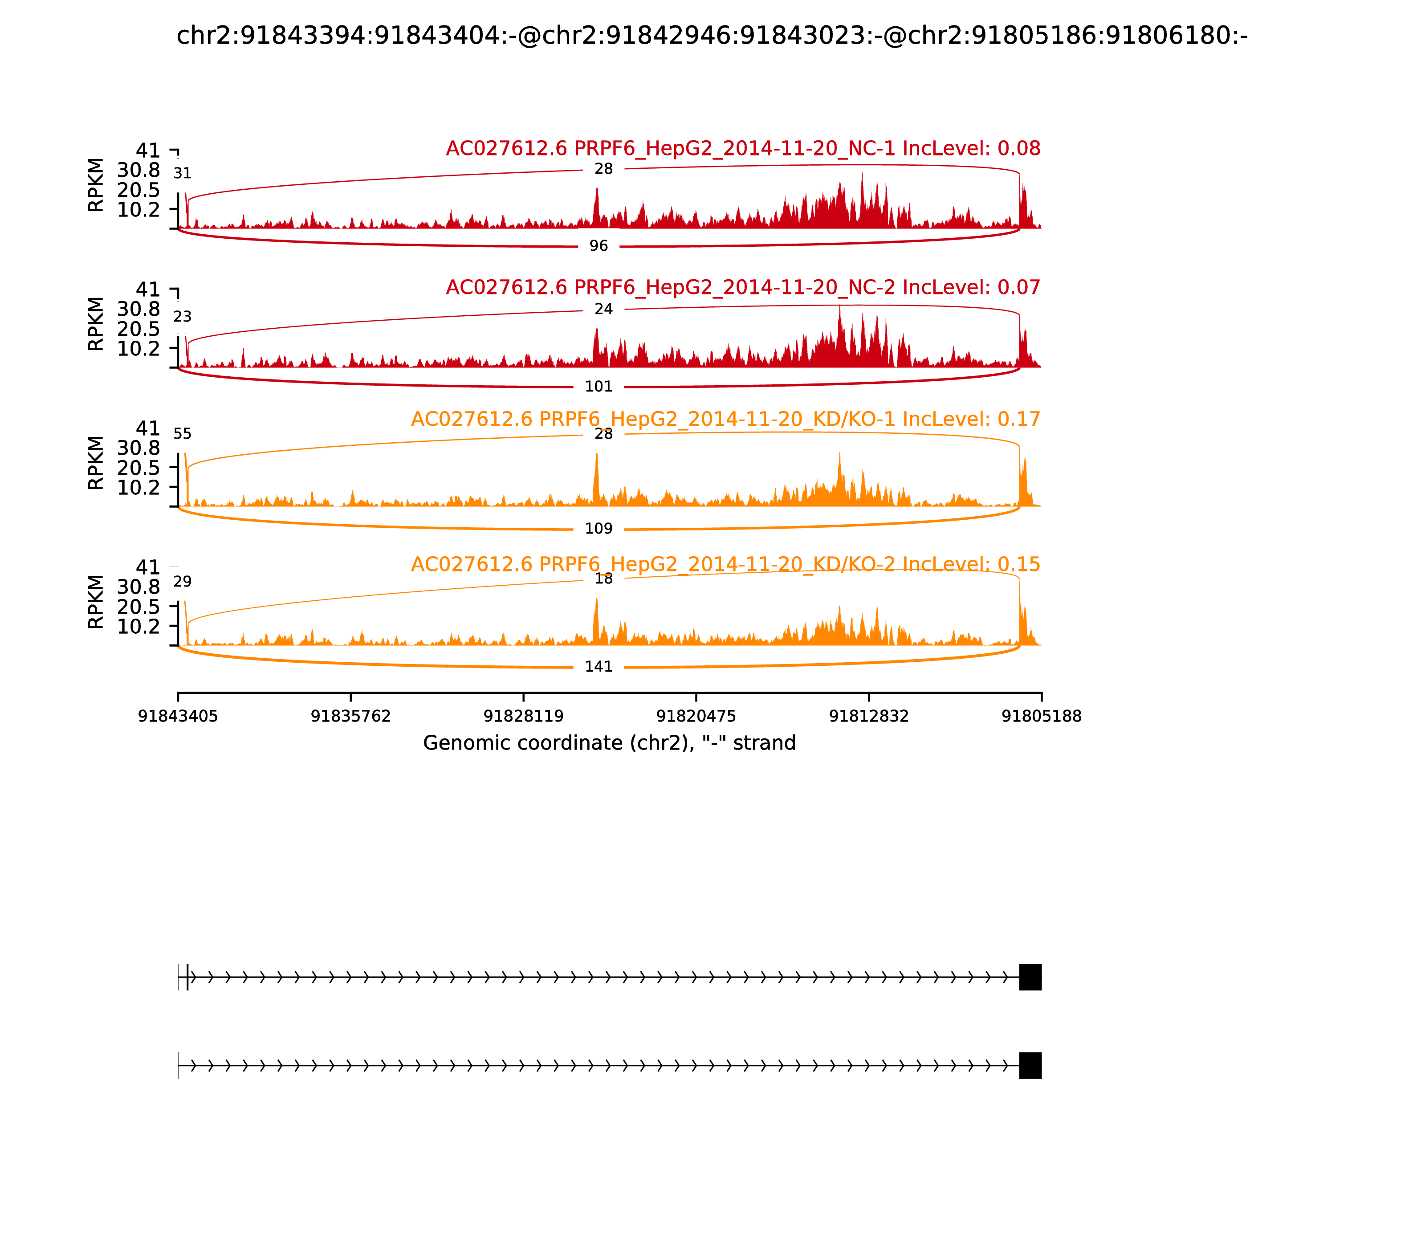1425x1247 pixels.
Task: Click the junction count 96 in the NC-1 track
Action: pyautogui.click(x=598, y=246)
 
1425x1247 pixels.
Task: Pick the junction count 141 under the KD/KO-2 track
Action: pyautogui.click(x=598, y=667)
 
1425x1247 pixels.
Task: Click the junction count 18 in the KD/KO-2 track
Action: pyautogui.click(x=603, y=579)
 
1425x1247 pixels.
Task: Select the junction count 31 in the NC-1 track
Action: pyautogui.click(x=182, y=173)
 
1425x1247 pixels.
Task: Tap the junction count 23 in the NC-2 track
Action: pyautogui.click(x=182, y=317)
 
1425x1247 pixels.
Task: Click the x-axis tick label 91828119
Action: pyautogui.click(x=523, y=716)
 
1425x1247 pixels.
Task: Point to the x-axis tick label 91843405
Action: pyautogui.click(x=178, y=716)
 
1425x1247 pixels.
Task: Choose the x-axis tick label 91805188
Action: pyautogui.click(x=1041, y=716)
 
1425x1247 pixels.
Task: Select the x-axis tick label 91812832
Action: pyautogui.click(x=868, y=716)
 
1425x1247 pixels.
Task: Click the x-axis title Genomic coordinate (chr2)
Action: pyautogui.click(x=609, y=743)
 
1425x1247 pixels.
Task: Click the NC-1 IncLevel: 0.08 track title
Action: pyautogui.click(x=742, y=148)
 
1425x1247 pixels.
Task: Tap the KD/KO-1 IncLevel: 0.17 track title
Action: pyautogui.click(x=725, y=419)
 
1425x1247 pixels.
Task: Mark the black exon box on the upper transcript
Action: pyautogui.click(x=1030, y=977)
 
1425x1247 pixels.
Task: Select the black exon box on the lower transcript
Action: pyautogui.click(x=1030, y=1065)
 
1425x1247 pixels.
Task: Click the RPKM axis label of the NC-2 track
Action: pyautogui.click(x=96, y=324)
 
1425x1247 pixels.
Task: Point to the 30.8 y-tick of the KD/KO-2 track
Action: pyautogui.click(x=138, y=587)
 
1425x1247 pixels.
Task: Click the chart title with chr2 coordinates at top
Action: pyautogui.click(x=712, y=36)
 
